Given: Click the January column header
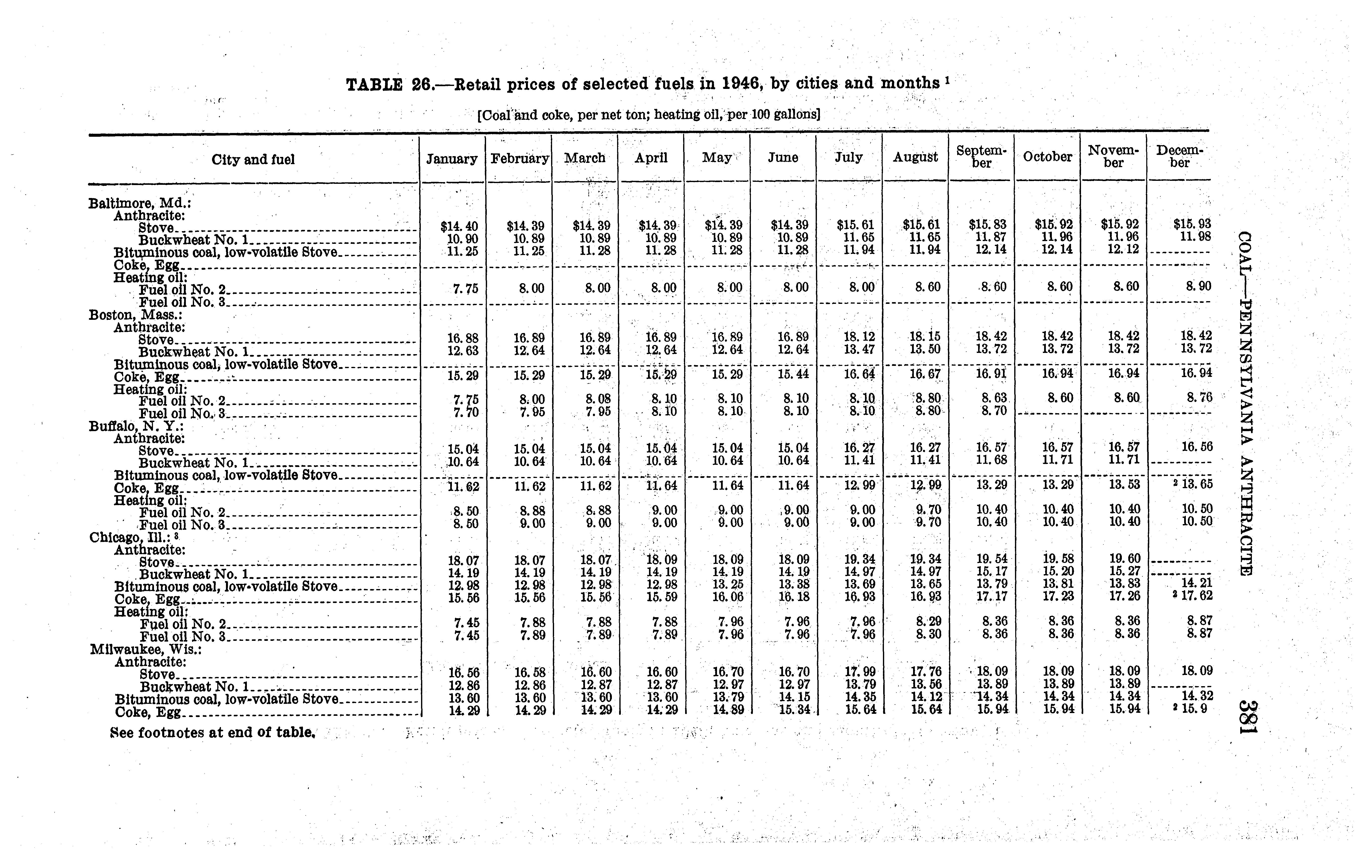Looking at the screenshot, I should [x=451, y=159].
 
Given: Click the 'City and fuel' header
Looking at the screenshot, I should [x=253, y=160].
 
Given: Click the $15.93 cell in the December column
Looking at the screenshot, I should [x=1192, y=224].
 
